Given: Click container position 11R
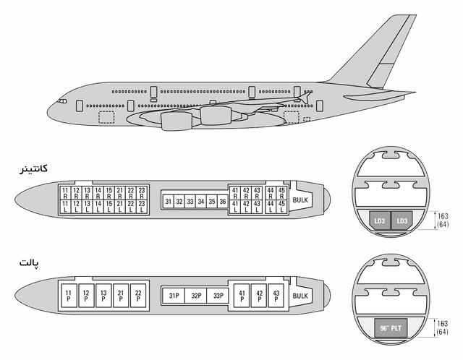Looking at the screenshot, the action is (65, 193).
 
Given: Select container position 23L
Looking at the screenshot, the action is (142, 207).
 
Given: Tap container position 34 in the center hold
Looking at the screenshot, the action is (201, 201).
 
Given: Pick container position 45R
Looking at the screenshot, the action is (281, 193).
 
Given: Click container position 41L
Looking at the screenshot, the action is (235, 207).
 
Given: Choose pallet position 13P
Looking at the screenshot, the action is (103, 296).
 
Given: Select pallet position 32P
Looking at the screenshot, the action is (196, 296).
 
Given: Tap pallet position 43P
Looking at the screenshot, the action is (276, 296).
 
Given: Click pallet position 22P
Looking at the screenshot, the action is (138, 296).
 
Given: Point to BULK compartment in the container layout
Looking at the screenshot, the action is (300, 200).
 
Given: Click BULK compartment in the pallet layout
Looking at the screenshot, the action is (300, 296).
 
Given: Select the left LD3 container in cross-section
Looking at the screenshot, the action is (379, 220).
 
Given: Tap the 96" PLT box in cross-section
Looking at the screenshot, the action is (391, 328).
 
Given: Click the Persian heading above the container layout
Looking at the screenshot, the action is (33, 168).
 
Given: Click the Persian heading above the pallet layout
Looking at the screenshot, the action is (29, 262).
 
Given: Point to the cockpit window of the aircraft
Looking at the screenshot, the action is (62, 101).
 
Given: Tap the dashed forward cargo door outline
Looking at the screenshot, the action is (106, 117).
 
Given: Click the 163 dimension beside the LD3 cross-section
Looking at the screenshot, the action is (443, 216).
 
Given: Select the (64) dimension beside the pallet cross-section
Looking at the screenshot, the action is (442, 332).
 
